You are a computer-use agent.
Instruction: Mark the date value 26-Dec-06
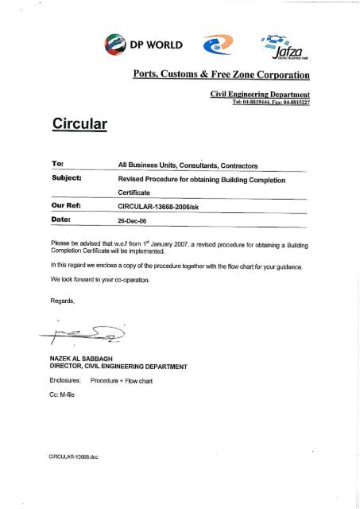(x=131, y=220)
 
